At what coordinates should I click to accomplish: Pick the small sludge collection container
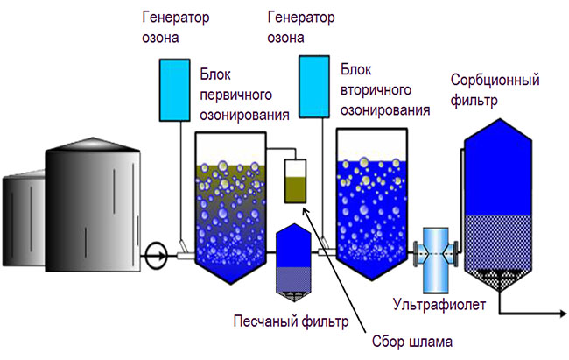(297, 181)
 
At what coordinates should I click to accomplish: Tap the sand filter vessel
(290, 259)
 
